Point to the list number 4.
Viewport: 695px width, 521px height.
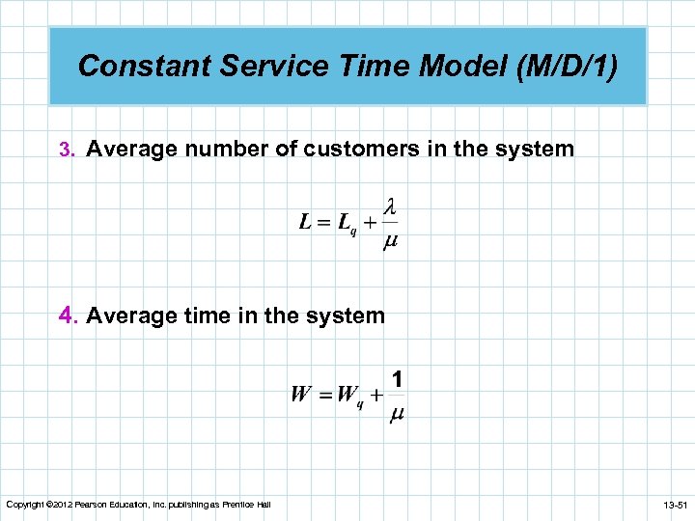coord(67,315)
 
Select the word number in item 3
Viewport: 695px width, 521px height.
coord(233,150)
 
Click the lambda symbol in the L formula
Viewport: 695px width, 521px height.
coord(391,207)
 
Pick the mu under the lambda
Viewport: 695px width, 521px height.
coord(391,240)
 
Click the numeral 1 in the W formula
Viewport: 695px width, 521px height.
coord(397,379)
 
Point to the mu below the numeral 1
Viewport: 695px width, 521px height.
coord(397,414)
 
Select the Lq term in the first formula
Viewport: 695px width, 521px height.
coord(346,224)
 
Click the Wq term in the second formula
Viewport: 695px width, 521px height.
coord(349,396)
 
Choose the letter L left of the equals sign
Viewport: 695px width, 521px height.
coord(305,223)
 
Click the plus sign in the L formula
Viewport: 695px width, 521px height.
coord(370,224)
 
